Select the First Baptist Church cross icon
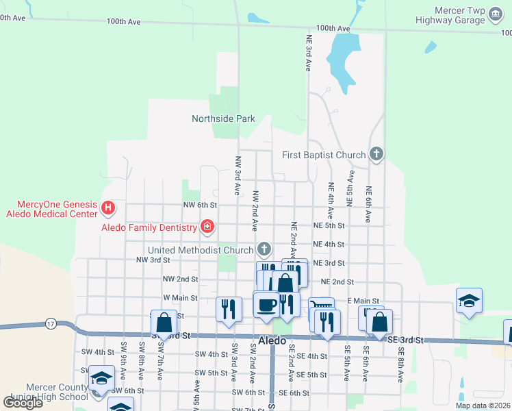pyautogui.click(x=375, y=155)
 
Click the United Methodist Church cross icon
pyautogui.click(x=264, y=249)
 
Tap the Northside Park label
pyautogui.click(x=223, y=119)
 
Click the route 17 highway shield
pyautogui.click(x=51, y=323)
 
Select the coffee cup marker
pyautogui.click(x=266, y=303)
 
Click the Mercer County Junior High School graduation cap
pyautogui.click(x=100, y=379)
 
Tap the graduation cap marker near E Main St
pyautogui.click(x=469, y=301)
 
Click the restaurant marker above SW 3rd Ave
pyautogui.click(x=229, y=308)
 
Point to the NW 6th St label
pyautogui.click(x=200, y=205)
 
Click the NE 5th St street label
pyautogui.click(x=329, y=225)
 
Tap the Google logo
pyautogui.click(x=23, y=402)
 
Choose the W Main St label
pyautogui.click(x=180, y=298)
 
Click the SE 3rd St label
pyautogui.click(x=407, y=340)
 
